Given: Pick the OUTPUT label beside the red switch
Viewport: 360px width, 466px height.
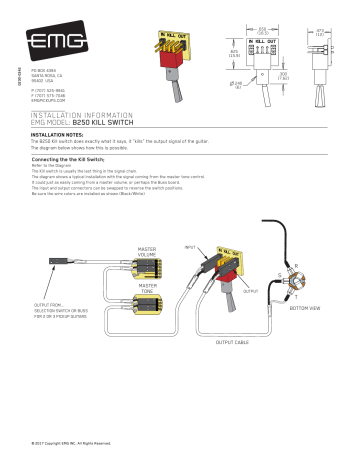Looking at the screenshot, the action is click(x=250, y=291).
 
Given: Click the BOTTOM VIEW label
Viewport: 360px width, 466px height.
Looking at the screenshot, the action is click(x=304, y=308).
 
